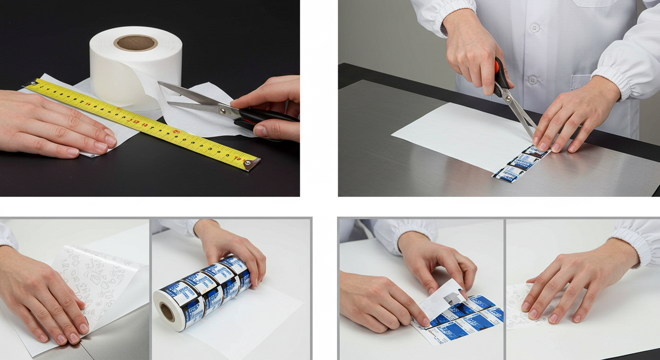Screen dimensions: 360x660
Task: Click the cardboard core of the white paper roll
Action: [x=135, y=43]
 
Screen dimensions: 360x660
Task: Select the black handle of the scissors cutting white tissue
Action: [x=267, y=117]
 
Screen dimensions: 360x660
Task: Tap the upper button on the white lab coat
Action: [x=533, y=27]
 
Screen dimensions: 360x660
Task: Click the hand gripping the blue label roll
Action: [x=234, y=250]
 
